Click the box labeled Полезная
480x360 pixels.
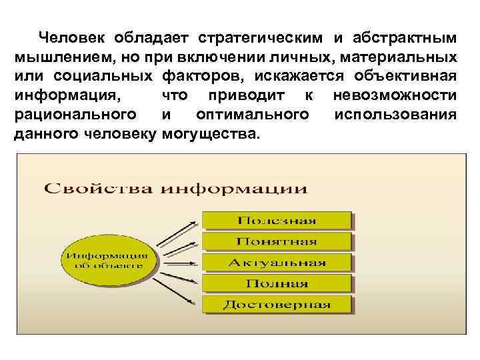pyautogui.click(x=277, y=221)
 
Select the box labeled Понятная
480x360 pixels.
pyautogui.click(x=277, y=241)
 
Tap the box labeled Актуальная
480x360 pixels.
pyautogui.click(x=277, y=263)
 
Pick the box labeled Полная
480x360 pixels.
pyautogui.click(x=277, y=283)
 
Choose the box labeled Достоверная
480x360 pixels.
pyautogui.click(x=277, y=305)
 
